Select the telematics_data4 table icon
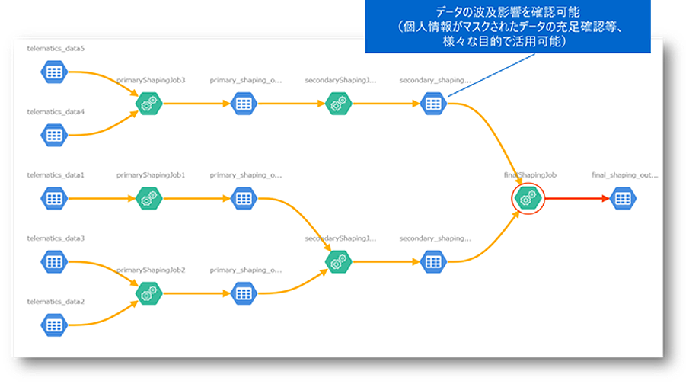click(x=53, y=136)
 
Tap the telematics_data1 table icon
click(x=53, y=199)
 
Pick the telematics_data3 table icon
click(x=53, y=261)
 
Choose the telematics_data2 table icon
click(x=53, y=325)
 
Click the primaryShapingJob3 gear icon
click(x=148, y=104)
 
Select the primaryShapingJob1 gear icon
click(x=148, y=199)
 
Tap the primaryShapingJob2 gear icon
click(x=148, y=293)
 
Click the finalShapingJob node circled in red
click(x=528, y=198)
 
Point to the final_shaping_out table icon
click(x=623, y=199)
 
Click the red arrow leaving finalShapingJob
click(x=575, y=199)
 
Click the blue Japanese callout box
click(x=508, y=27)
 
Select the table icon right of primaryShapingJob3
click(x=243, y=104)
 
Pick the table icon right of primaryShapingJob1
click(x=243, y=199)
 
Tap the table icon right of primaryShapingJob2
click(x=243, y=293)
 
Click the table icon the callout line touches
click(x=433, y=104)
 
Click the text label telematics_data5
click(x=56, y=48)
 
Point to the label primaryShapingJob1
click(x=151, y=174)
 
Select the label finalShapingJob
click(x=530, y=174)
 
